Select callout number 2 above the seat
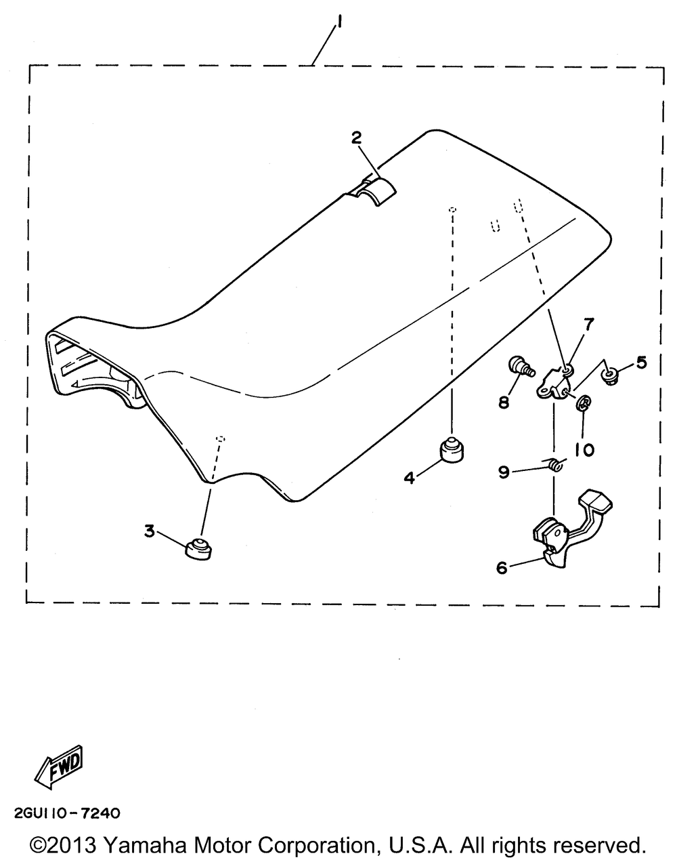click(x=356, y=138)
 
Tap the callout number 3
click(x=149, y=531)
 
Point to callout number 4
click(x=409, y=478)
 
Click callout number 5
click(x=640, y=363)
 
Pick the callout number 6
click(x=502, y=568)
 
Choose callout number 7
click(x=588, y=324)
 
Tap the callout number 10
click(x=584, y=449)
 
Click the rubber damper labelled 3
click(x=198, y=548)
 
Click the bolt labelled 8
click(x=521, y=366)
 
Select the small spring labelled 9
click(x=555, y=466)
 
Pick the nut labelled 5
click(x=609, y=373)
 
